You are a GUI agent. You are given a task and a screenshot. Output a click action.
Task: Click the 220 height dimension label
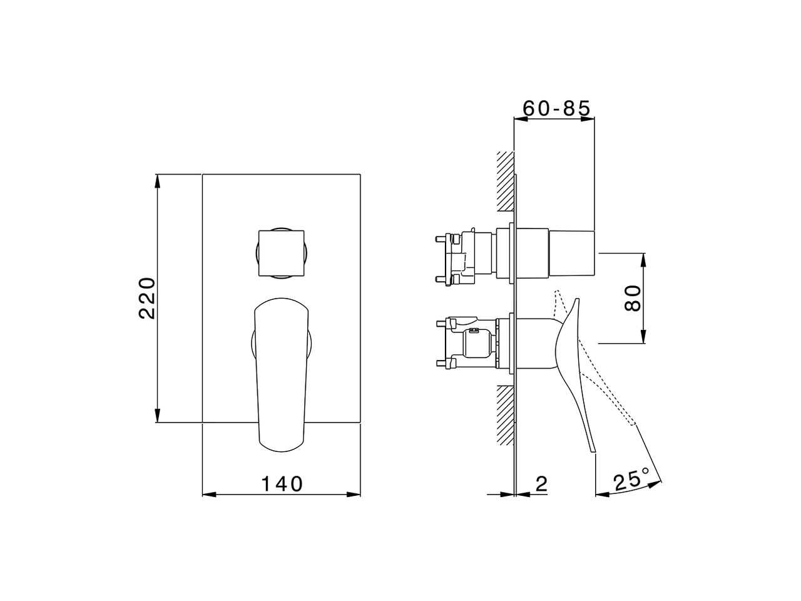(x=147, y=298)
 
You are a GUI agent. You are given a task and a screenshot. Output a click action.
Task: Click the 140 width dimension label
(x=282, y=484)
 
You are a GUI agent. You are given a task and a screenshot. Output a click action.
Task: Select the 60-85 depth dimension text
(x=556, y=108)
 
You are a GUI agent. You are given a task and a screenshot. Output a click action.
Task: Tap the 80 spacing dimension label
(x=633, y=298)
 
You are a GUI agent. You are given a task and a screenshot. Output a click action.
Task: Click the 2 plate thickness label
(x=542, y=483)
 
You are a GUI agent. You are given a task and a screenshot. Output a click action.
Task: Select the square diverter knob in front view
(x=281, y=252)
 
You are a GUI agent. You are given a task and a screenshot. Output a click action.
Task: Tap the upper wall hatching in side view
(x=504, y=182)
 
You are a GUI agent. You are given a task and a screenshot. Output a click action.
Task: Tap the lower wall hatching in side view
(x=504, y=413)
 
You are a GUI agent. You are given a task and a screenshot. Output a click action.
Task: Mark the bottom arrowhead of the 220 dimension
(x=157, y=417)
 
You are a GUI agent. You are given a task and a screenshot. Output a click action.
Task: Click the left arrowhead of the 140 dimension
(x=208, y=495)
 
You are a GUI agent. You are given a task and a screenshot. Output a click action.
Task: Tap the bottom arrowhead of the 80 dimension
(x=643, y=337)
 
